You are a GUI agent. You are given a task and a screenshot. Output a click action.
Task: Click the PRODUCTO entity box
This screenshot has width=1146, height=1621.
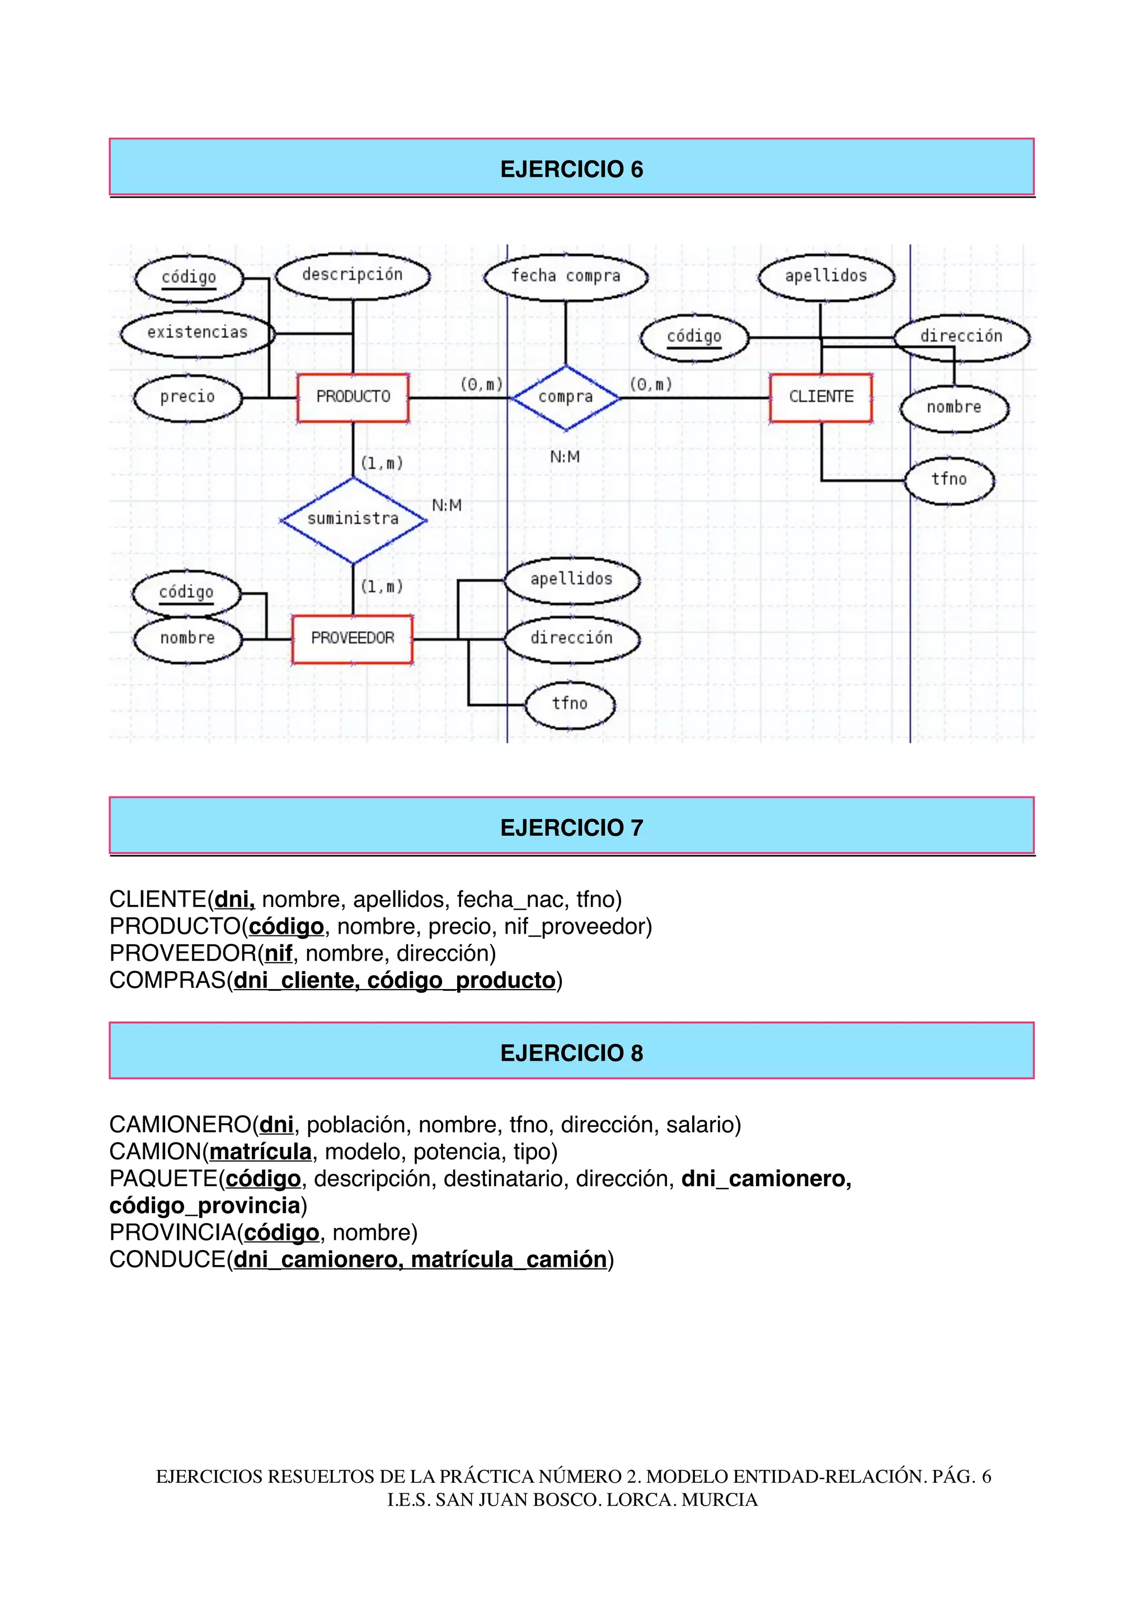point(353,397)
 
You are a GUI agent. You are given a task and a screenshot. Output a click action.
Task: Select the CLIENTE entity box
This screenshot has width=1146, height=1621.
point(821,397)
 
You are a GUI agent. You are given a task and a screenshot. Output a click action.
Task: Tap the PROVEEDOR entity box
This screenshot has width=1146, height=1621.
point(352,639)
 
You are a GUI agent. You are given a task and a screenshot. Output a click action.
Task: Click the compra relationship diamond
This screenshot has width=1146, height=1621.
point(565,397)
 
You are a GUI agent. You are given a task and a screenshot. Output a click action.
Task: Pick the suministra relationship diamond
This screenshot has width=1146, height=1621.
point(353,519)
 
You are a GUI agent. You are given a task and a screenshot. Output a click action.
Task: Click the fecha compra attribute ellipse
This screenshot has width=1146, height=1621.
point(565,276)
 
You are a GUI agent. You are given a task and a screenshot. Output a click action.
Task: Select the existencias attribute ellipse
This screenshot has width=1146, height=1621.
point(197,333)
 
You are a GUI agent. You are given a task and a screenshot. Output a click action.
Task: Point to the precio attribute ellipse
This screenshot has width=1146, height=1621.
point(187,397)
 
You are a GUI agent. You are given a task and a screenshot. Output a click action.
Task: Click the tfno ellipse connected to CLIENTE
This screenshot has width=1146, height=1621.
point(949,480)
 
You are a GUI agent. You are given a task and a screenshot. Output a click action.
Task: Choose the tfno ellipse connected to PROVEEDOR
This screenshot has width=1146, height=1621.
point(570,704)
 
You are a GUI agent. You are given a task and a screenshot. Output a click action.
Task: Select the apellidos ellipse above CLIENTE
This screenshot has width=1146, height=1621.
point(825,276)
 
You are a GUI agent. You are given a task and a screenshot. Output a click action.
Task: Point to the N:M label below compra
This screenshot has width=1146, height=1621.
point(565,457)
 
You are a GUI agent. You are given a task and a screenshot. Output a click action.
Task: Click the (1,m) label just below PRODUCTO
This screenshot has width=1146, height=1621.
point(382,463)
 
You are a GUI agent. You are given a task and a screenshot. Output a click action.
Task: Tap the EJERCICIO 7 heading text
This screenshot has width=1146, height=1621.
point(571,827)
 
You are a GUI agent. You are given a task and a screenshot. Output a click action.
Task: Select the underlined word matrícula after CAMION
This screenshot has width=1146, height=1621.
point(260,1151)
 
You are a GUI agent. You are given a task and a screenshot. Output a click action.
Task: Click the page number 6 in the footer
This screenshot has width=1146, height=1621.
point(987,1476)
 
